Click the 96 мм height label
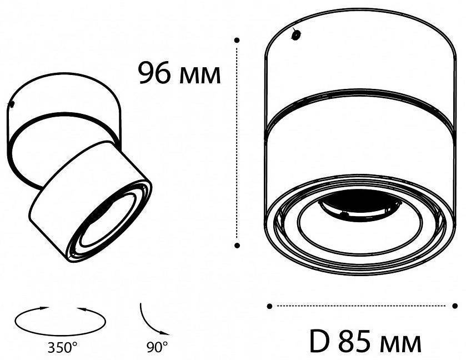point(179,73)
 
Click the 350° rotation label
point(62,348)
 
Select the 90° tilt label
point(158,348)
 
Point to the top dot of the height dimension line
point(237,40)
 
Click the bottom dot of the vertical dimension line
point(237,244)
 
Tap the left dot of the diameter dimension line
point(269,306)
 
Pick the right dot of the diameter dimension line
point(455,306)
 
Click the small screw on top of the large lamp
point(296,34)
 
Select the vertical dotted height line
point(237,139)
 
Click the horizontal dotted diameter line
point(361,306)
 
